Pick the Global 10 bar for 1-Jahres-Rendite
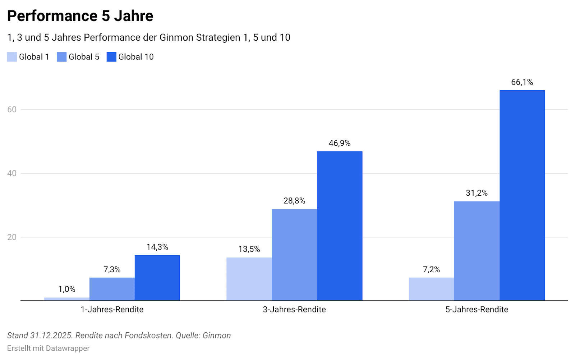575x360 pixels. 157,278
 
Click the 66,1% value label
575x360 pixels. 522,82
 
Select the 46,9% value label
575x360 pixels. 339,143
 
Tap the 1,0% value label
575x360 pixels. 67,289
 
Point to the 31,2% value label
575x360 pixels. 477,193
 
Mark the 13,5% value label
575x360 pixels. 249,249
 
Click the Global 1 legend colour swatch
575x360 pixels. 12,57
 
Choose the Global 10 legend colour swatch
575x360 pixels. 111,57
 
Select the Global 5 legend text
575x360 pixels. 84,57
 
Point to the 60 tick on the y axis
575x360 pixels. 12,109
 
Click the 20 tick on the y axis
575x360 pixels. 12,237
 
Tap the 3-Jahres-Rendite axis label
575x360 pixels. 294,309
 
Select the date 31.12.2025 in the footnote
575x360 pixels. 52,336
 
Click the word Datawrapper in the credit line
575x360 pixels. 68,348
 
